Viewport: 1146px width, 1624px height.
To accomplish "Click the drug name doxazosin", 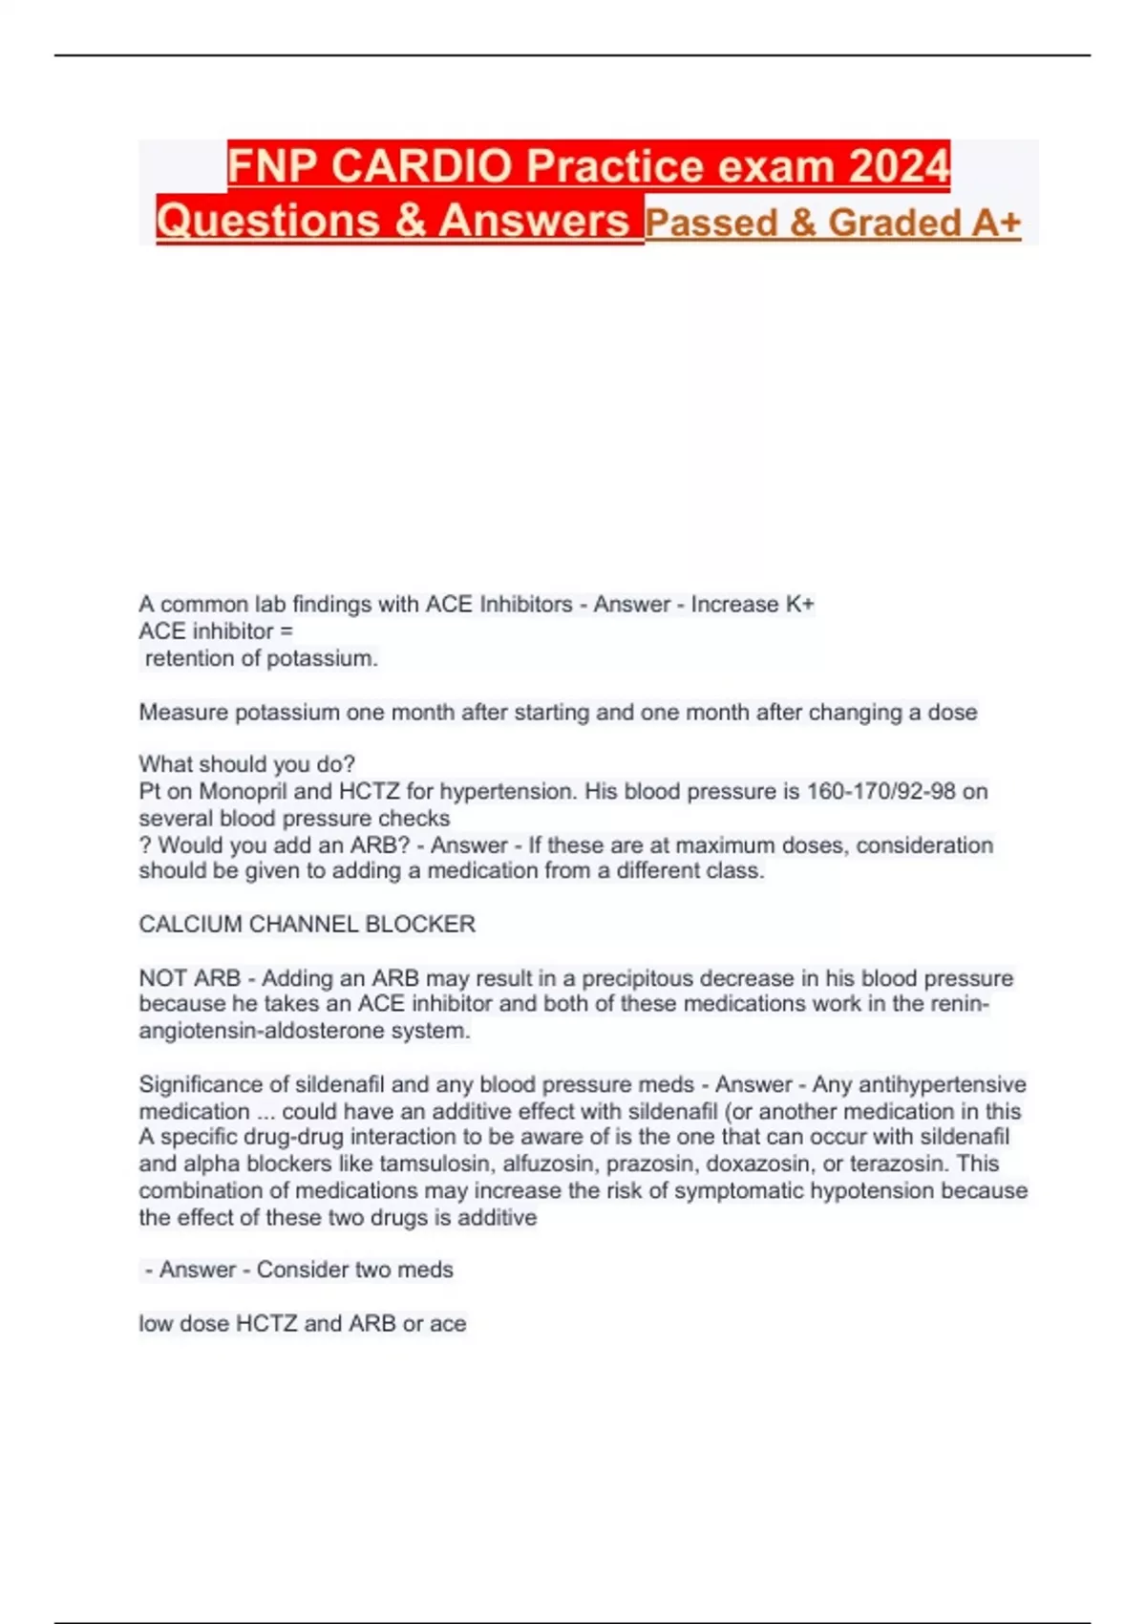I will point(759,1165).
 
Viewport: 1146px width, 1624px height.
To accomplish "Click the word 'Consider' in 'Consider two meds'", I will point(301,1271).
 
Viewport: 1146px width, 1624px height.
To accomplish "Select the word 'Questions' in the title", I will point(267,221).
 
